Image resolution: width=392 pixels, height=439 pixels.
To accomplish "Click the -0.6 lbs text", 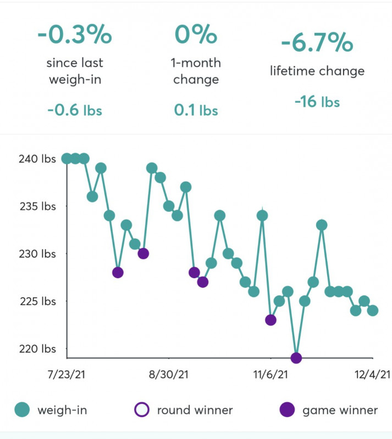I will [74, 110].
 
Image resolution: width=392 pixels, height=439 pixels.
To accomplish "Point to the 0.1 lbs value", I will [196, 110].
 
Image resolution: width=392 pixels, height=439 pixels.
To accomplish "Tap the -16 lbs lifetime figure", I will [317, 102].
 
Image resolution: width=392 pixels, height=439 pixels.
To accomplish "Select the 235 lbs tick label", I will [41, 206].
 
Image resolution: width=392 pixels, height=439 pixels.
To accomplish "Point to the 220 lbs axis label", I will [41, 348].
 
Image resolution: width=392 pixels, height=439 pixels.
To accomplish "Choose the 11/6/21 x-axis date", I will [270, 374].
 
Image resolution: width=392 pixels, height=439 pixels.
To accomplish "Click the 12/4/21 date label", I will [372, 374].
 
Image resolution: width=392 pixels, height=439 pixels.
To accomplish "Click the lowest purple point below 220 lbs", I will [296, 358].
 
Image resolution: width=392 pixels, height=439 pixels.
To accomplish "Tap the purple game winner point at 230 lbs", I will [143, 254].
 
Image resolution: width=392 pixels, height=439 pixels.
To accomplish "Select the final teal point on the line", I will [373, 311].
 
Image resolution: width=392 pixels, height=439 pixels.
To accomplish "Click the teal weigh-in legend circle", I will [22, 409].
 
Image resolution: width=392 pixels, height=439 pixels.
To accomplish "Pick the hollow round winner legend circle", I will [142, 409].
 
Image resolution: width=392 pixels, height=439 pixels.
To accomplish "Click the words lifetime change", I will [317, 71].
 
